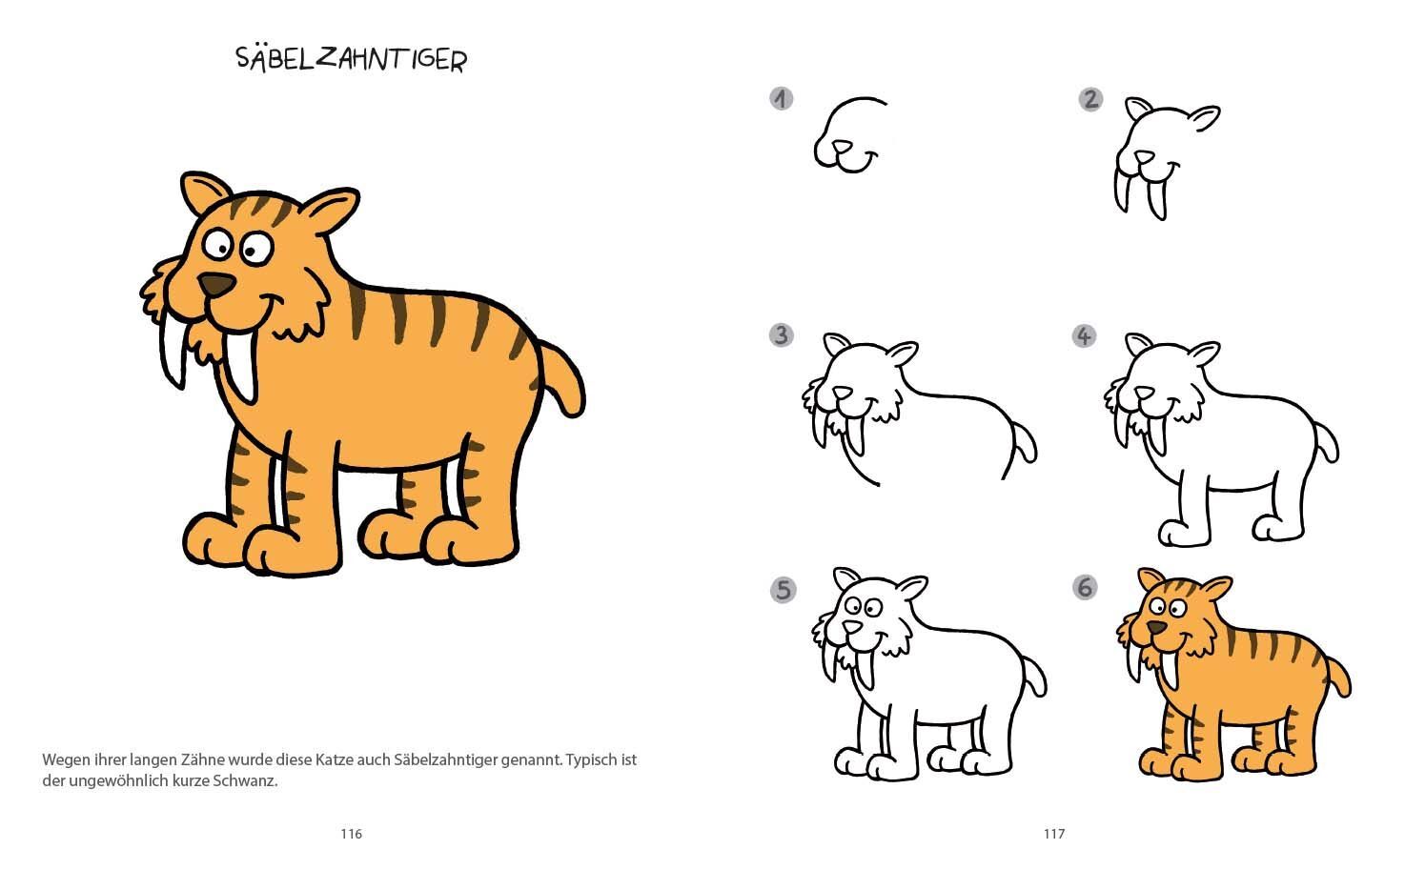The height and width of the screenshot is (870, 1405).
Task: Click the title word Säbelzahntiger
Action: pyautogui.click(x=351, y=60)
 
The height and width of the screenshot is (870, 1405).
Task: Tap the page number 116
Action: pyautogui.click(x=351, y=834)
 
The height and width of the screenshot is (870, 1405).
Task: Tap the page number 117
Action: pyautogui.click(x=1054, y=834)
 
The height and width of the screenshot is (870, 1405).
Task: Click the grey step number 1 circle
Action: pyautogui.click(x=781, y=98)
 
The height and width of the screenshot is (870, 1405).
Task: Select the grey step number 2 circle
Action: pyautogui.click(x=1090, y=99)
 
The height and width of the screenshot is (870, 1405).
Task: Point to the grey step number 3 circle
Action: pyautogui.click(x=781, y=335)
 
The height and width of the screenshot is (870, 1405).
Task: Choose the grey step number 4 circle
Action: pyautogui.click(x=1084, y=336)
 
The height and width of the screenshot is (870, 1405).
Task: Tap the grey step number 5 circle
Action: pyautogui.click(x=784, y=590)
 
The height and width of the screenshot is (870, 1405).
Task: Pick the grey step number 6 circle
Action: pyautogui.click(x=1085, y=588)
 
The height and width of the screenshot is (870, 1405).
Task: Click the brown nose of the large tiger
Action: pyautogui.click(x=216, y=285)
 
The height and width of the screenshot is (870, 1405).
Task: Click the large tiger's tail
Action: pyautogui.click(x=564, y=379)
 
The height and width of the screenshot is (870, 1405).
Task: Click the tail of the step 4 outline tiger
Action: pyautogui.click(x=1327, y=442)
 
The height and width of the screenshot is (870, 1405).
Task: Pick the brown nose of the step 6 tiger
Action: pyautogui.click(x=1157, y=627)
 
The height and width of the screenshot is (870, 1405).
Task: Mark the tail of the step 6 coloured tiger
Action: pyautogui.click(x=1338, y=677)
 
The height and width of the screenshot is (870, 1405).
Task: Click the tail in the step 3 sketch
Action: pyautogui.click(x=1025, y=442)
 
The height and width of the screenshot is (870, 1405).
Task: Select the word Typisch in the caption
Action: pyautogui.click(x=591, y=760)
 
